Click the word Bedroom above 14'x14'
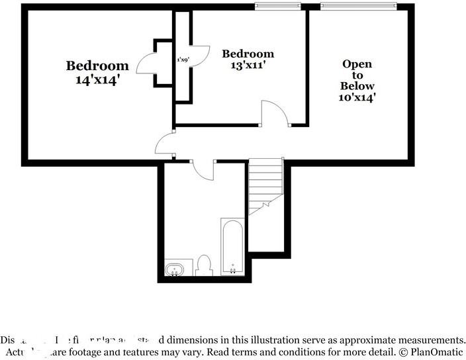pos(97,66)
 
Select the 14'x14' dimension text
pos(97,79)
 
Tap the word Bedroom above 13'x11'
pos(248,54)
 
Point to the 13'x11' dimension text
pos(248,66)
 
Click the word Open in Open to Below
pos(357,64)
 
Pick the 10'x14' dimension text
pos(357,97)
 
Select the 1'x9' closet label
pos(183,60)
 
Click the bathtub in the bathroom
pos(232,248)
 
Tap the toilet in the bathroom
pos(204,265)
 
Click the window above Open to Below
pos(358,7)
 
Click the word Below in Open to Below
pos(357,86)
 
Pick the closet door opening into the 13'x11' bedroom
pos(199,54)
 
